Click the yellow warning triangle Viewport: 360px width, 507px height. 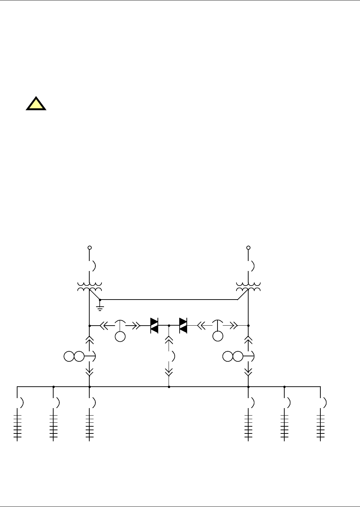[x=36, y=104]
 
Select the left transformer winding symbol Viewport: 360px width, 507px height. [x=89, y=286]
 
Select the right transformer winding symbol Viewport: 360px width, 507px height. [x=248, y=286]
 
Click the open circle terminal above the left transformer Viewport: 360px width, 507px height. [x=90, y=247]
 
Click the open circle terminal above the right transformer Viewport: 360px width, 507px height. [x=249, y=247]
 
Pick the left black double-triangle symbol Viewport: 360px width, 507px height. [x=154, y=326]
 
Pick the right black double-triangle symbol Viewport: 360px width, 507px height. [x=183, y=326]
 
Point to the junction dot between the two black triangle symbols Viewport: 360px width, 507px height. [x=169, y=326]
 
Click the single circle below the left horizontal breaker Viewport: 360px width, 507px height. [x=120, y=336]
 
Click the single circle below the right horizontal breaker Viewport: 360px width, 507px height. [x=217, y=336]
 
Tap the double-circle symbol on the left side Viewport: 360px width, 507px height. [x=74, y=356]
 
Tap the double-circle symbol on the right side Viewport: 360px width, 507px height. [x=232, y=356]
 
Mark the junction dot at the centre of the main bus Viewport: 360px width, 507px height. [x=169, y=387]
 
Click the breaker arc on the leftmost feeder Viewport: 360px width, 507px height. [x=22, y=402]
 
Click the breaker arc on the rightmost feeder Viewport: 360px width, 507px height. [x=325, y=402]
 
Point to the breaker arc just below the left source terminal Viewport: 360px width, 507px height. [x=94, y=266]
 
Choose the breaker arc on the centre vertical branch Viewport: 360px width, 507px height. [x=174, y=356]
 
